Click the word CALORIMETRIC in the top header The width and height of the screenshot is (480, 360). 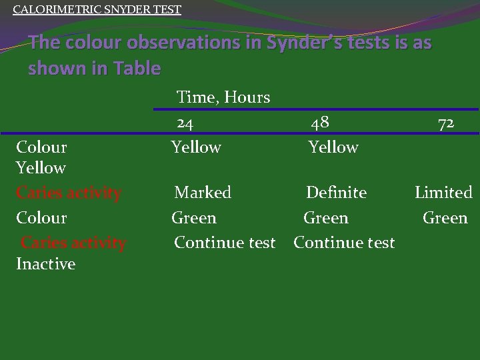[49, 10]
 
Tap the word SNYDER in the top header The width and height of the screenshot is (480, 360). [120, 10]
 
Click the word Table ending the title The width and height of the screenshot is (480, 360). [136, 68]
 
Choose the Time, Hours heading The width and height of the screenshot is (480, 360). [223, 97]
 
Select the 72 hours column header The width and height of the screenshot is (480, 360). [446, 123]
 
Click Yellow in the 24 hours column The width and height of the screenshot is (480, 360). [196, 147]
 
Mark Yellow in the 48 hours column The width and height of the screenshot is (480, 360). [333, 147]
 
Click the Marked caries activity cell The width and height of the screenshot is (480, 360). [203, 193]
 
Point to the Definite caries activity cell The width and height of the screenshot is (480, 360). [336, 193]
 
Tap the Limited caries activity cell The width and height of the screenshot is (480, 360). [443, 193]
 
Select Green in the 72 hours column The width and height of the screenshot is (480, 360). [445, 218]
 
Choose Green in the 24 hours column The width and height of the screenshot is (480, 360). [194, 218]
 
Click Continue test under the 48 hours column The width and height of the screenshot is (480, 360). [344, 243]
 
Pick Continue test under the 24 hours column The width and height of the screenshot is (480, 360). [225, 243]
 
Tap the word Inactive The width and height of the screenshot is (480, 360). [45, 264]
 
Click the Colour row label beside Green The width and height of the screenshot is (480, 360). [41, 218]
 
